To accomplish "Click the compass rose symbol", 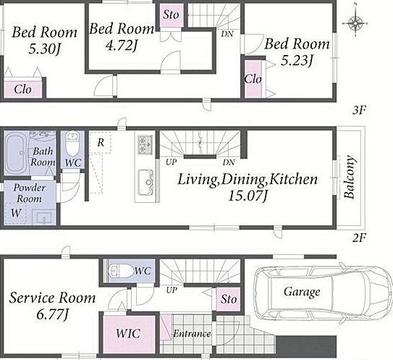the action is [x=355, y=23].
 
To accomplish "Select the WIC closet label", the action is [x=128, y=333].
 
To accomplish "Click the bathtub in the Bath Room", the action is [x=15, y=152].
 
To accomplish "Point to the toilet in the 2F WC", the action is [x=72, y=143].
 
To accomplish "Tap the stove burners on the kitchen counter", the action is [x=145, y=145].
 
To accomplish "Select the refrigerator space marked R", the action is [x=101, y=142].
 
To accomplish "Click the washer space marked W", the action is [x=15, y=213].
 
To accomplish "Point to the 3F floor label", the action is [x=360, y=110].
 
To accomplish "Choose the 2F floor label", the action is [x=360, y=238].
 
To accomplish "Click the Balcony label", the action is [x=350, y=177].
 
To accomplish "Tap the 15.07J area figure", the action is [x=247, y=196].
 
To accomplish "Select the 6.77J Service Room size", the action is [x=52, y=314].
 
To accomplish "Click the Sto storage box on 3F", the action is [x=172, y=14].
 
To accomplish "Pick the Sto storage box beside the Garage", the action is [x=228, y=299].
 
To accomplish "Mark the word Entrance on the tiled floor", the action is [x=192, y=333].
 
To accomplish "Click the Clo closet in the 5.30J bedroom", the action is [x=23, y=89].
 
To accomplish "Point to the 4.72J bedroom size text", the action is [x=122, y=46].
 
